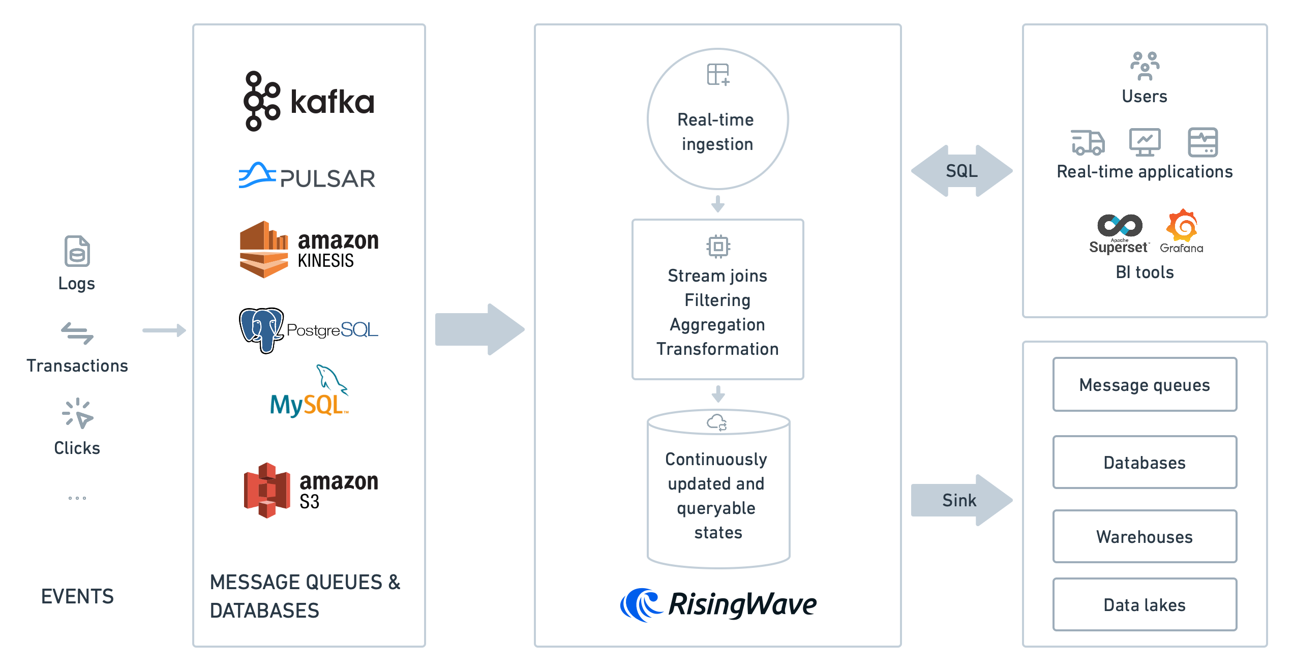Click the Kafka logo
[x=309, y=101]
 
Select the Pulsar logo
[x=307, y=176]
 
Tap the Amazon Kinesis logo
[x=309, y=249]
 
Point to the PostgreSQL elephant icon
[x=261, y=329]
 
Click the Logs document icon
[x=77, y=251]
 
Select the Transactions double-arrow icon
[x=77, y=333]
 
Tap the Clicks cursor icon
[x=77, y=413]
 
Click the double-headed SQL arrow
[x=961, y=171]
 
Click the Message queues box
[x=1145, y=385]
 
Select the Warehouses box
[x=1145, y=537]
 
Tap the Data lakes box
[x=1145, y=605]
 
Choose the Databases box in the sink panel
[x=1145, y=463]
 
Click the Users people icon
[x=1145, y=66]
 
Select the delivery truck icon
[x=1088, y=142]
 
